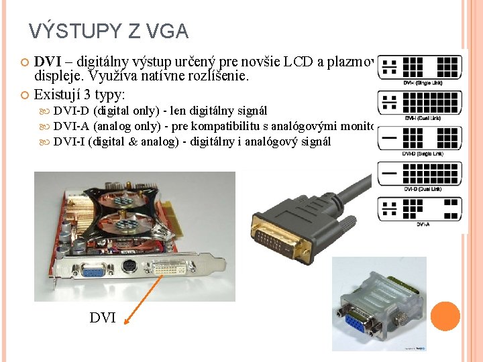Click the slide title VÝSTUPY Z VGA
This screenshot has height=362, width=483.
(x=109, y=32)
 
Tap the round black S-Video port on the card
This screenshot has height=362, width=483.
(x=129, y=268)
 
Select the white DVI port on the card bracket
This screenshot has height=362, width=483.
(x=164, y=269)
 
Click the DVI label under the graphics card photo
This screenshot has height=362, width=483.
(x=103, y=318)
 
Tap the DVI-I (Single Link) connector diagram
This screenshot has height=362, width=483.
(x=419, y=67)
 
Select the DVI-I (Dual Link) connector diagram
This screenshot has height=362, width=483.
(x=419, y=103)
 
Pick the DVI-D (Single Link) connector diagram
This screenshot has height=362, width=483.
(x=419, y=139)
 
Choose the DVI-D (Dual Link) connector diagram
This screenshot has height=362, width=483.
(x=419, y=174)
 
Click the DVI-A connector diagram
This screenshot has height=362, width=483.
(x=419, y=208)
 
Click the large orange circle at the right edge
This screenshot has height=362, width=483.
(x=445, y=316)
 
